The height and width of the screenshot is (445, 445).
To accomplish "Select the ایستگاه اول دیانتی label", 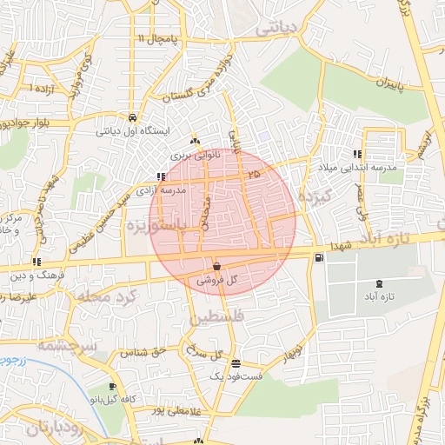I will (130, 131).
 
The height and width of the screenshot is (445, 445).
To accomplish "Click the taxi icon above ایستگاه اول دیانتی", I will (130, 117).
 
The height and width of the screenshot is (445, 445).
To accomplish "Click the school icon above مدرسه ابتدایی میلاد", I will (357, 154).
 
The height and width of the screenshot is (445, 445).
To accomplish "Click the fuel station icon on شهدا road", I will (320, 256).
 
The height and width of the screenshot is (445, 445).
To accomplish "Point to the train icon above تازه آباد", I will (378, 283).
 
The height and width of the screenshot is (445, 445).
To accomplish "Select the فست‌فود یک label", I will (236, 376).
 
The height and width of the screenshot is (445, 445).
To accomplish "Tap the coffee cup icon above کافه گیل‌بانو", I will (112, 386).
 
